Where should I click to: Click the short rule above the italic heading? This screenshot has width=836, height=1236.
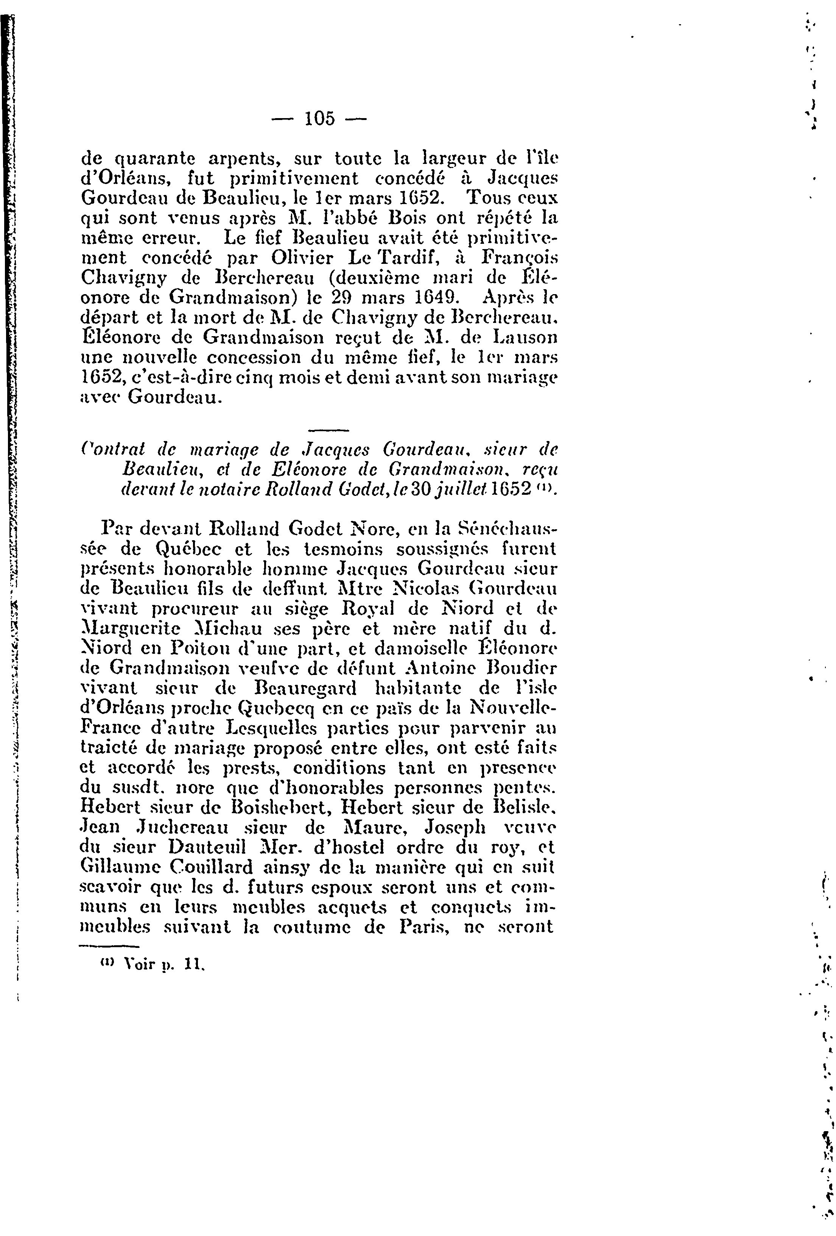[x=328, y=430]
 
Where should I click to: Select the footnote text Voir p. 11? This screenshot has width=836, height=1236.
[x=154, y=964]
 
